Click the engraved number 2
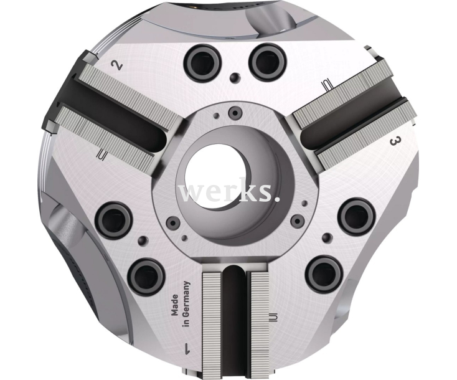pyautogui.click(x=115, y=65)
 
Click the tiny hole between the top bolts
pyautogui.click(x=234, y=78)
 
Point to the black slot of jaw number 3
pyautogui.click(x=344, y=123)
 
